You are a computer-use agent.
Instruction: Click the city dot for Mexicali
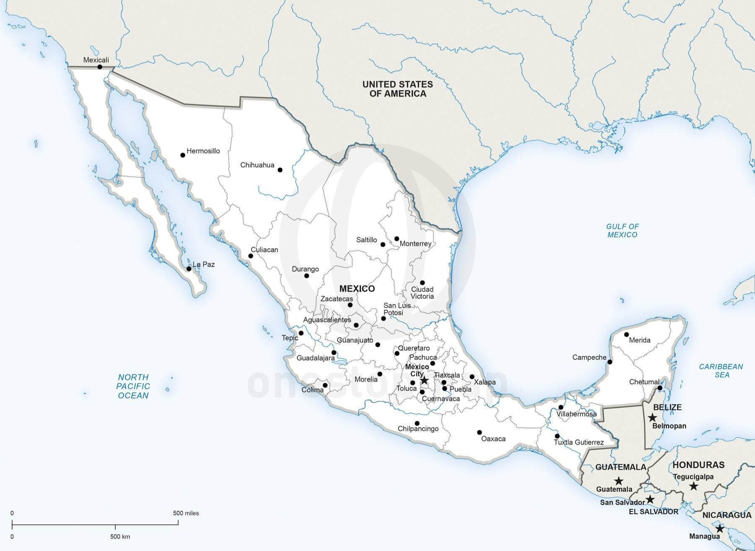pos(100,67)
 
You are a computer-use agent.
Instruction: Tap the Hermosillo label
pos(203,151)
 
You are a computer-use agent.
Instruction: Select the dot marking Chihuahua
pos(280,170)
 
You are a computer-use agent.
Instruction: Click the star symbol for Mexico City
pos(424,380)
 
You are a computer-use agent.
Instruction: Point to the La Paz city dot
pos(189,269)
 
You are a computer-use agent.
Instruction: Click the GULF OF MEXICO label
pos(622,230)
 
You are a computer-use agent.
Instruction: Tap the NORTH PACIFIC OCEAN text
pos(133,386)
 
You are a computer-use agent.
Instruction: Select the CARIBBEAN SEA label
pos(721,371)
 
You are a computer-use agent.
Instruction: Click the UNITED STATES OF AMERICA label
pos(398,89)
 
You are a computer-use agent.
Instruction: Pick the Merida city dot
pos(626,334)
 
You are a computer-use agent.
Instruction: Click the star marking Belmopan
pos(652,418)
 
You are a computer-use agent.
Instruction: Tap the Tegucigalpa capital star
pos(694,486)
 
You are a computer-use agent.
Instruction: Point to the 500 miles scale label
pos(186,513)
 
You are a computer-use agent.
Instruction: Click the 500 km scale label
pos(120,536)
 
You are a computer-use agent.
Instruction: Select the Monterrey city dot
pos(397,239)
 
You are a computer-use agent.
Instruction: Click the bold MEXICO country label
pos(357,289)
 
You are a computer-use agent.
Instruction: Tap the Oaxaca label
pos(493,439)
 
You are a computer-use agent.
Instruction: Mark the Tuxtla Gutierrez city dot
pos(557,436)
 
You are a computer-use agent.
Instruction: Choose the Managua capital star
pos(720,528)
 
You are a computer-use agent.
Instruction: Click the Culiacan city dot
pos(251,256)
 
